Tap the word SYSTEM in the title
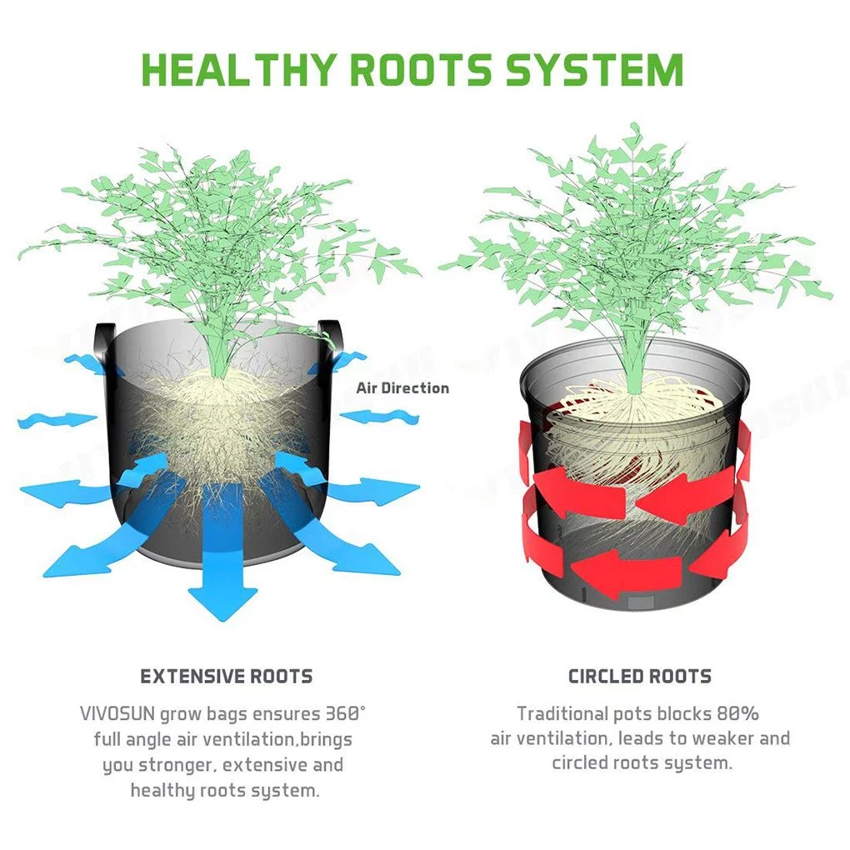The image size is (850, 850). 594,69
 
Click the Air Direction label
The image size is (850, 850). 402,388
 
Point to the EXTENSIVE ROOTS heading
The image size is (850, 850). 227,676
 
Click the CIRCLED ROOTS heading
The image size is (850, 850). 640,676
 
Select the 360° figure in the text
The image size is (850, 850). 345,713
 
